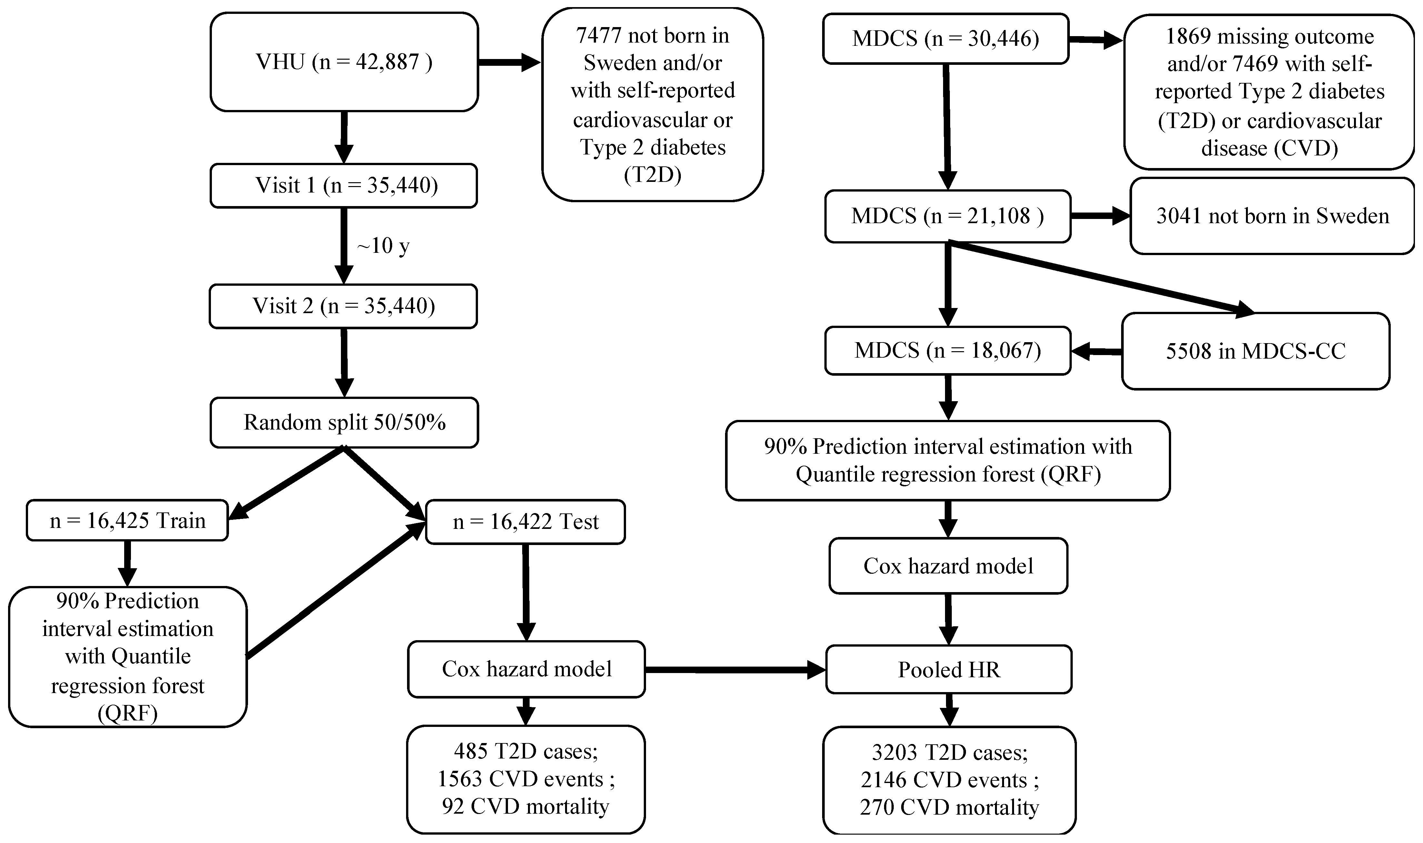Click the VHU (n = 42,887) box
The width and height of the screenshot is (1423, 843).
point(344,62)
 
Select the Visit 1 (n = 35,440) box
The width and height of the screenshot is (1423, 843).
point(344,186)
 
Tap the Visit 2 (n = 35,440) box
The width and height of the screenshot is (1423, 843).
point(344,306)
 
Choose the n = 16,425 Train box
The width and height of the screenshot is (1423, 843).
point(127,520)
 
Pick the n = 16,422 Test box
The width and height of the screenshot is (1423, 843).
point(525,521)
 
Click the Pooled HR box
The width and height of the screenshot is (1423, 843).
point(949,670)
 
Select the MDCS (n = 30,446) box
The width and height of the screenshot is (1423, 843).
point(946,39)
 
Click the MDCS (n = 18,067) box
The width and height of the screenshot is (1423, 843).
point(948,351)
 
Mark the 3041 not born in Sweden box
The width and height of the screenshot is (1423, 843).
point(1272,216)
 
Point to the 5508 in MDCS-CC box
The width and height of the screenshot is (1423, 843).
point(1255,351)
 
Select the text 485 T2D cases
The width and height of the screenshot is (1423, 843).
point(525,751)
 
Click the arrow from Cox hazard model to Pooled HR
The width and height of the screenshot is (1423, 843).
point(733,670)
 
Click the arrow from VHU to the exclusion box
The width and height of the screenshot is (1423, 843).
point(508,63)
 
